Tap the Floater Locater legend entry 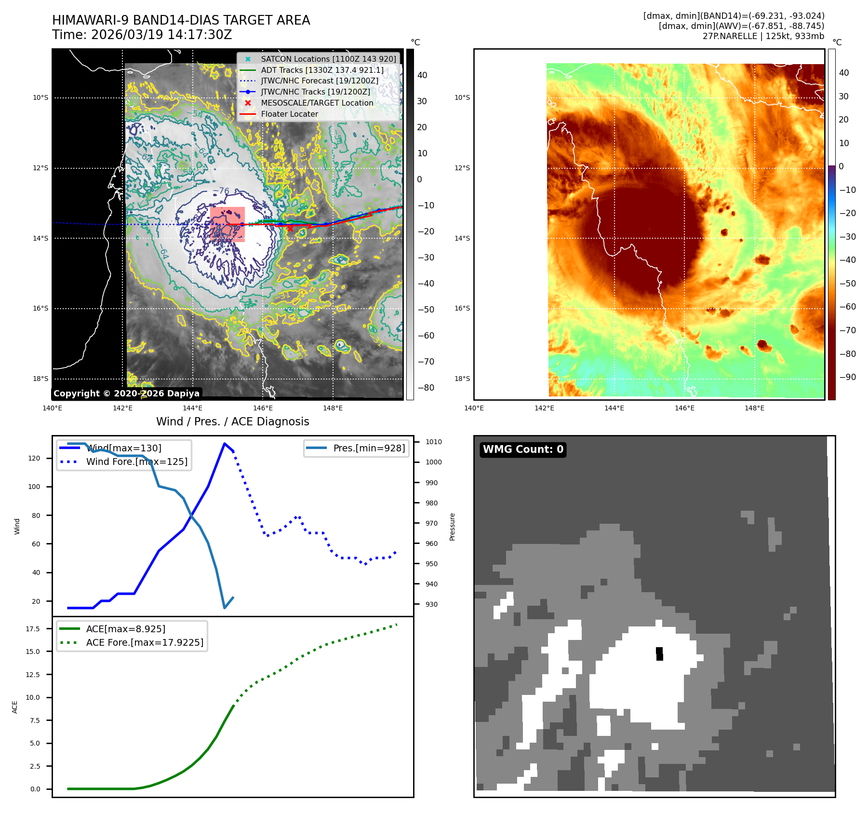tap(289, 114)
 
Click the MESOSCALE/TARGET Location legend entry tap(317, 103)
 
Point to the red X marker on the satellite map tap(290, 229)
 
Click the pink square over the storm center tap(227, 224)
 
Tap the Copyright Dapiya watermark tap(126, 394)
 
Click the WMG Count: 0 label tap(523, 449)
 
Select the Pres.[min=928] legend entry tap(369, 448)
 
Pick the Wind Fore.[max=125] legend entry tap(136, 462)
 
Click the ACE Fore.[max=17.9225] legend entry tap(145, 643)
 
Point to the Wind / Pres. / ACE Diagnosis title tap(232, 422)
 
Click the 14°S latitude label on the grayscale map tap(40, 239)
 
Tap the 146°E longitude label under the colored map tap(684, 408)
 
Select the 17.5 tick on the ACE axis tap(33, 629)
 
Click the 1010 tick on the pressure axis tap(433, 442)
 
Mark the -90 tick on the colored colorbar tap(847, 377)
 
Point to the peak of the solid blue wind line tap(225, 444)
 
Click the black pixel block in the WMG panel tap(659, 654)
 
